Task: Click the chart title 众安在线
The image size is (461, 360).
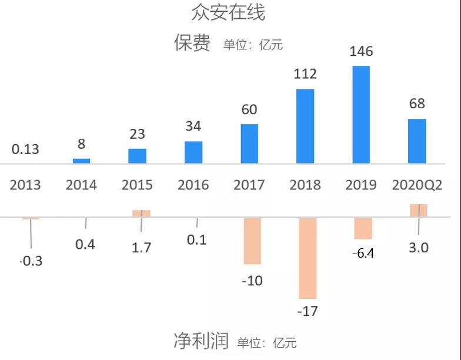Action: click(228, 12)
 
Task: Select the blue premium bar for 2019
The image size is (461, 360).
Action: click(361, 114)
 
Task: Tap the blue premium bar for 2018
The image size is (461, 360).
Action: click(305, 126)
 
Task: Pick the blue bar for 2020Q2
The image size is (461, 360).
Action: click(417, 141)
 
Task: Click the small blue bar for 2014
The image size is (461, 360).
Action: click(81, 161)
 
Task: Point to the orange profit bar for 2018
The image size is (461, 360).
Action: click(307, 258)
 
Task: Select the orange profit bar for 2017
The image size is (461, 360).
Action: click(252, 241)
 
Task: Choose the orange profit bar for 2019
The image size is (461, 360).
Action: click(363, 228)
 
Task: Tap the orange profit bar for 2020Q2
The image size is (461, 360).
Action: click(418, 211)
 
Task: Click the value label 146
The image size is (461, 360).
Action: click(361, 52)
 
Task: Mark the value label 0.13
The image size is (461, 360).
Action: click(25, 149)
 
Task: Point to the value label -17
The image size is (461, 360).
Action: click(307, 311)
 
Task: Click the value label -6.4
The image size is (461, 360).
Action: click(363, 254)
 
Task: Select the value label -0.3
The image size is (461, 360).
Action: click(31, 261)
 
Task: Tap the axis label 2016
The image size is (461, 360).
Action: click(193, 185)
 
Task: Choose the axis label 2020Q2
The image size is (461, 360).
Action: click(417, 185)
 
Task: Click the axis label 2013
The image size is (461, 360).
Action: click(25, 185)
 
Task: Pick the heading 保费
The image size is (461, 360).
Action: click(192, 43)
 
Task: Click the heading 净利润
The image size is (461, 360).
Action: click(201, 341)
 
